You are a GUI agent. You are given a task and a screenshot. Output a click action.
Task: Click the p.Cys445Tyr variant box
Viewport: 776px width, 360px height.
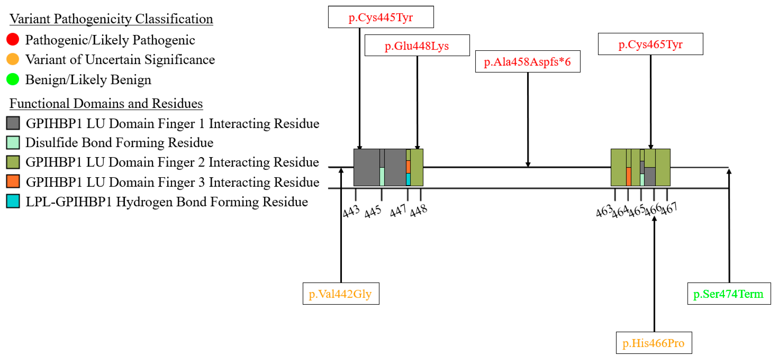coord(381,17)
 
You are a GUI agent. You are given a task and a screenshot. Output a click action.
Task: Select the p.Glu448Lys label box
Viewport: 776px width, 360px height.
coord(417,45)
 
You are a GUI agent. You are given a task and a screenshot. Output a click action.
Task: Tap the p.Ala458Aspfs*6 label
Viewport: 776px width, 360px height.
coord(528,61)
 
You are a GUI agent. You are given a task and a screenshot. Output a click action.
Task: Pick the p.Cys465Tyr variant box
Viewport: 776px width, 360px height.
coord(650,44)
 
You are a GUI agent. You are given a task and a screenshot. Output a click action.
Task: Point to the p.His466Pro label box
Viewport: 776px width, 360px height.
coord(654,343)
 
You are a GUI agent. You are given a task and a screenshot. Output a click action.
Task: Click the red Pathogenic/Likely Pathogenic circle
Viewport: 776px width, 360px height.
coord(13,39)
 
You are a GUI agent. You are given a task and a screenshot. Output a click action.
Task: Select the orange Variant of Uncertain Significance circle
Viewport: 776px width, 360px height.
coord(13,59)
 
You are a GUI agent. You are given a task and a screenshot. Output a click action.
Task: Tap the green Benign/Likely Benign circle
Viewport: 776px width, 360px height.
coord(13,79)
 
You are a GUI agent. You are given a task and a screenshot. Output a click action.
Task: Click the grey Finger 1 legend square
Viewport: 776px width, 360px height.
coord(13,123)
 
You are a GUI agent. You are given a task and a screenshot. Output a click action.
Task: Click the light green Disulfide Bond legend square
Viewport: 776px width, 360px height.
coord(13,143)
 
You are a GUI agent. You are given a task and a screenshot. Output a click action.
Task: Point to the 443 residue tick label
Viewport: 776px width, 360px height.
coord(351,211)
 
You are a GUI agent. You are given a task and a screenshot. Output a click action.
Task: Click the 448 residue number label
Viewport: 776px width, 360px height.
coord(419,210)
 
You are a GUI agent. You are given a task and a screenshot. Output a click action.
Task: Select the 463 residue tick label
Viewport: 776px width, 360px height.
coord(604,211)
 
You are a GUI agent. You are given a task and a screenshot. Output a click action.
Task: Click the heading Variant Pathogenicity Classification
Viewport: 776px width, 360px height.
coord(111,19)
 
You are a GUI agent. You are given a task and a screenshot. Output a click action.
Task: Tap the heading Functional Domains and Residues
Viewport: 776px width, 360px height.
coord(106,103)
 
